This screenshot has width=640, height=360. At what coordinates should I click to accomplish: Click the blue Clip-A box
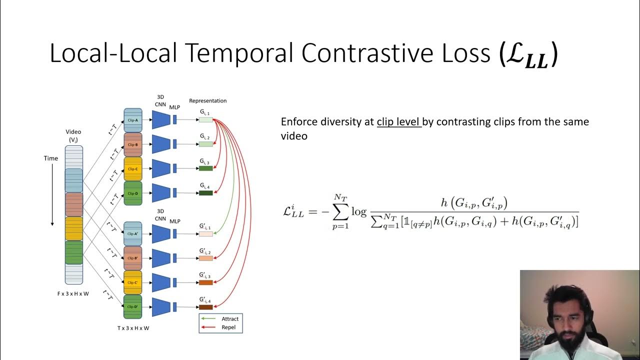tap(132, 120)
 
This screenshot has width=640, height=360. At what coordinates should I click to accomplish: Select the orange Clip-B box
tap(132, 144)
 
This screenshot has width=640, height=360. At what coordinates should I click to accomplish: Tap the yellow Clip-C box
tap(132, 169)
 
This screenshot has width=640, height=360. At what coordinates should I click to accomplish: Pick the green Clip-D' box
tap(132, 306)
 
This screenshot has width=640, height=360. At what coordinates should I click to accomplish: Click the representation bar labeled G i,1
tap(206, 120)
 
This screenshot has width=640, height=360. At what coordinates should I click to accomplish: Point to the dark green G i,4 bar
tap(206, 193)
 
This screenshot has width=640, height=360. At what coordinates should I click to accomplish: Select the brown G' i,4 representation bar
tap(206, 307)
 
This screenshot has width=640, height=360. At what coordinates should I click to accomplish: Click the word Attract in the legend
tap(230, 318)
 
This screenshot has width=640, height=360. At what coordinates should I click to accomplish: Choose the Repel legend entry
tap(228, 327)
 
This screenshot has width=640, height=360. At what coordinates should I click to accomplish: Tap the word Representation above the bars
tap(207, 100)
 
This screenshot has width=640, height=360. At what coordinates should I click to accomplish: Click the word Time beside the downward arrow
tap(50, 158)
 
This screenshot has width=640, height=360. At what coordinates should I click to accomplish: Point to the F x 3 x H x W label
tap(73, 293)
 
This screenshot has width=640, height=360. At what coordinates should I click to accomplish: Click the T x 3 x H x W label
tap(133, 328)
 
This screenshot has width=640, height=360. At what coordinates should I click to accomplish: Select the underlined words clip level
tap(399, 122)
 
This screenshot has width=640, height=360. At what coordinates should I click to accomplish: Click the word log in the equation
tap(359, 211)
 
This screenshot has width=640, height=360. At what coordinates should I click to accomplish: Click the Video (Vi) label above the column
tap(73, 135)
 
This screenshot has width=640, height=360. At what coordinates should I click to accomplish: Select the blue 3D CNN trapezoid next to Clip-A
tap(161, 120)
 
